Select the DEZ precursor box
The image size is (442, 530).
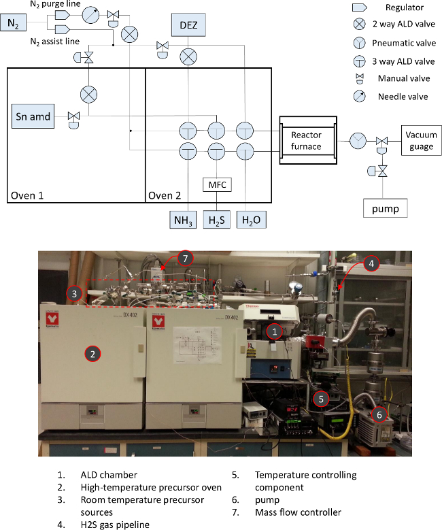pyautogui.click(x=187, y=25)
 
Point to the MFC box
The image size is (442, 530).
pyautogui.click(x=216, y=184)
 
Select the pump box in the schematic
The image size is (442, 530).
pyautogui.click(x=386, y=208)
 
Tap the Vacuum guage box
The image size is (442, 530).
pyautogui.click(x=421, y=141)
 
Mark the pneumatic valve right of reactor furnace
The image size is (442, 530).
pyautogui.click(x=358, y=141)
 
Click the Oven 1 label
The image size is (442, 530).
pyautogui.click(x=27, y=196)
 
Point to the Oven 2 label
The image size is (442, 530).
pyautogui.click(x=165, y=196)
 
